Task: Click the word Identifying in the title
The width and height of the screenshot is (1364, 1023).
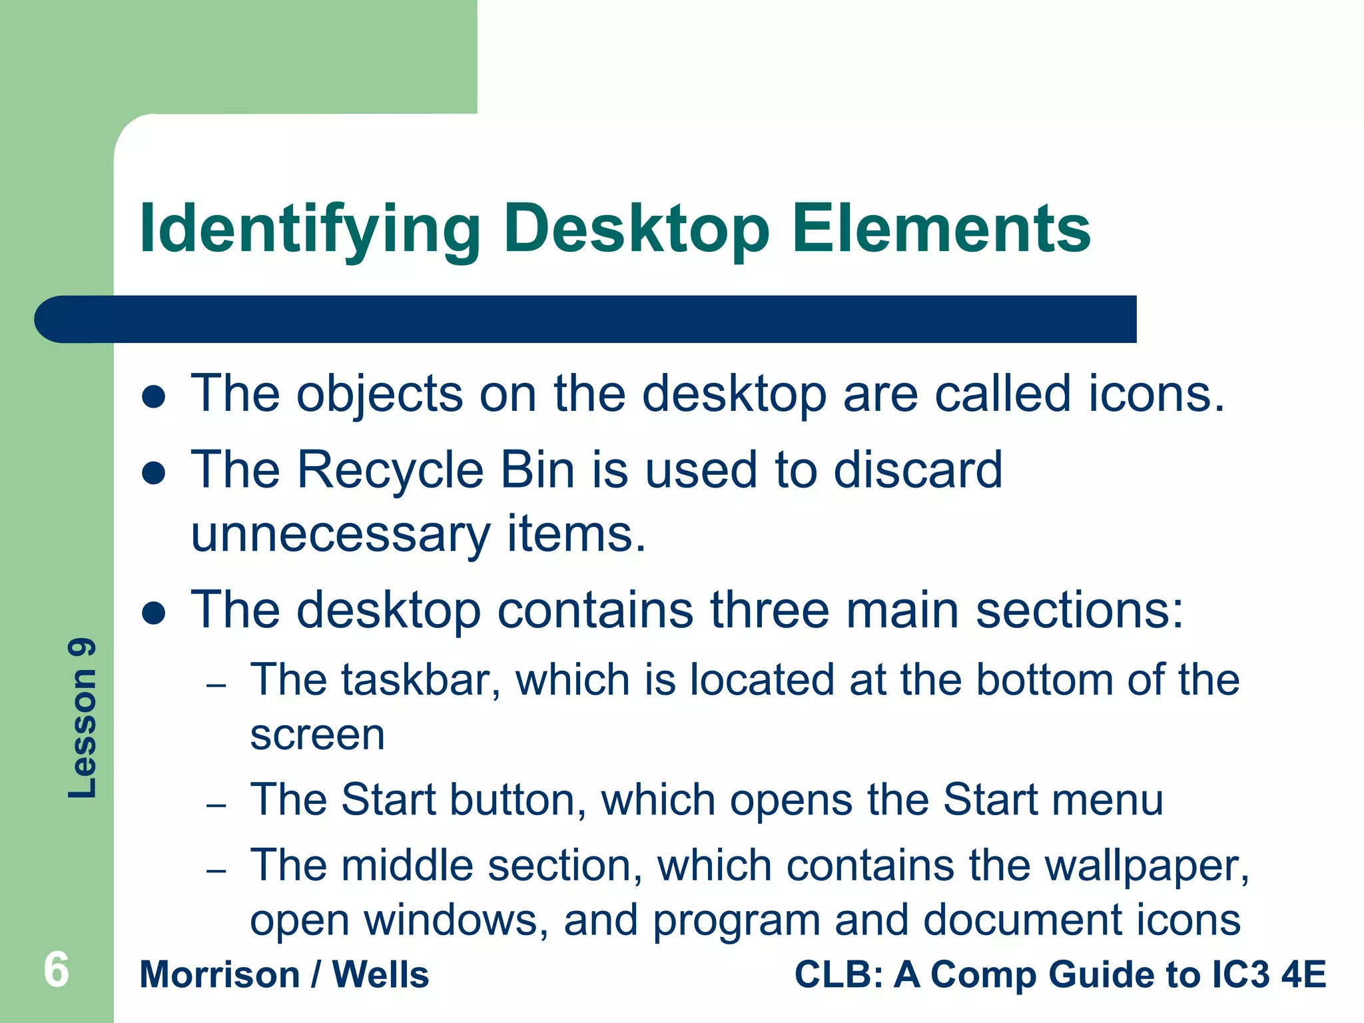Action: (310, 230)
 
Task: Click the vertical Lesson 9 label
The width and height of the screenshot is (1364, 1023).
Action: (83, 719)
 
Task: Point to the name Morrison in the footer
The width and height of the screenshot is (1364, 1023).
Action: (220, 975)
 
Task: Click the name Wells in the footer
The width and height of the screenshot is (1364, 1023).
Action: (380, 975)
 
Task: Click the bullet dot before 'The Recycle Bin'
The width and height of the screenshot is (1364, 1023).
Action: (154, 473)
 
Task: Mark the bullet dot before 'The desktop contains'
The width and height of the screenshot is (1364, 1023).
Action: (154, 613)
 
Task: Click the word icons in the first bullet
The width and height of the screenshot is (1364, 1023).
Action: (1156, 394)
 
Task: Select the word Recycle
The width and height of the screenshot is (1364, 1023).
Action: (390, 471)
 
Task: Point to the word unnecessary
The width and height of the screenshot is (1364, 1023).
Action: (340, 534)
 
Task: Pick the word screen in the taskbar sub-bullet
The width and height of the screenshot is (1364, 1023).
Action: (318, 735)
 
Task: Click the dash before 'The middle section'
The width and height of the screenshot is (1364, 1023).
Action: (216, 870)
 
